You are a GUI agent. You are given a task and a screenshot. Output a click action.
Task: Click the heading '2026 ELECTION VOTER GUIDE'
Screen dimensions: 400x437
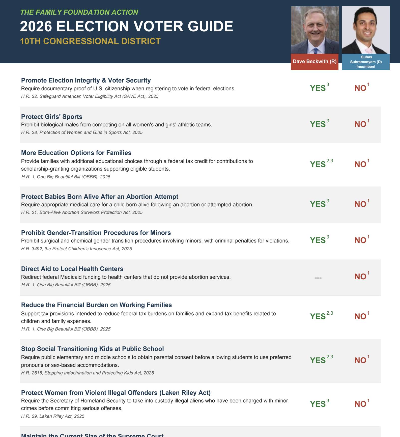coord(126,26)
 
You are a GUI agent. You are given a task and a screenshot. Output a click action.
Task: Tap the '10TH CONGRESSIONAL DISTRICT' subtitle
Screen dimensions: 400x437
coord(90,41)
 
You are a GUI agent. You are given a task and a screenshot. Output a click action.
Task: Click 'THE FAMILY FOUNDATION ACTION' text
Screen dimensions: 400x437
coord(79,12)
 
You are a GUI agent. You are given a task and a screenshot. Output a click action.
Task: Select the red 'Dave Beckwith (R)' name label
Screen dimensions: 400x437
coord(315,62)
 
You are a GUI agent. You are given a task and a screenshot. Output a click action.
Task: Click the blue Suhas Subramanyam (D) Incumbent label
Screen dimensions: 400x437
coord(366,62)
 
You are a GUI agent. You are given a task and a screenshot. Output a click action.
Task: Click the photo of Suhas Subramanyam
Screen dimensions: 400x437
coord(366,30)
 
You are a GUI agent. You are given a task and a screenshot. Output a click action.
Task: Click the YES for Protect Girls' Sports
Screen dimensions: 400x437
coord(318,124)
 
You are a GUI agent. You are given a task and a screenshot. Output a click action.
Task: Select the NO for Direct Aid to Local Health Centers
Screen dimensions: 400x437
coord(360,277)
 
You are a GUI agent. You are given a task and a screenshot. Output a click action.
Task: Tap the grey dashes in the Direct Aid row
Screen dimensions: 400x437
coord(318,278)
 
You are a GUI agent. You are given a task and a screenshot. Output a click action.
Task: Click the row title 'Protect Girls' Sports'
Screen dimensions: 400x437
coord(52,117)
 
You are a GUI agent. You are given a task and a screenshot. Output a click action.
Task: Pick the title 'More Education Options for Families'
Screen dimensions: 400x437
coord(76,153)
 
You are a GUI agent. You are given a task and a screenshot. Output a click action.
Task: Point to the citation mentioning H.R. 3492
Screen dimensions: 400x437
coord(76,249)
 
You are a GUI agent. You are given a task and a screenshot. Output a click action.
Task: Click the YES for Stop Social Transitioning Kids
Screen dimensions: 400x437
coord(318,360)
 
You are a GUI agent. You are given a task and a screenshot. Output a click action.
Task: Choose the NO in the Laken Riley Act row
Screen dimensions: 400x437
coord(360,404)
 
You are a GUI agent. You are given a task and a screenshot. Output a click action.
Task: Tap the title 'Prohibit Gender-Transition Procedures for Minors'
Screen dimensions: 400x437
coord(96,233)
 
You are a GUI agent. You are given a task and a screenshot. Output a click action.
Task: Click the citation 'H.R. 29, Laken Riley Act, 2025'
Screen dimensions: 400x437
coord(53,416)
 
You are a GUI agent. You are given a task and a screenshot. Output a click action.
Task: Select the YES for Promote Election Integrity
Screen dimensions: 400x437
coord(318,88)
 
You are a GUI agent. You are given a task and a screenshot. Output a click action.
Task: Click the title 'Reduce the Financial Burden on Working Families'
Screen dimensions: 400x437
coord(96,305)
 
